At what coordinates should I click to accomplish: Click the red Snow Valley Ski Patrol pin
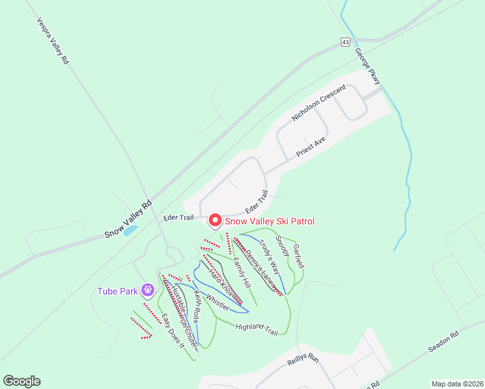click(215, 220)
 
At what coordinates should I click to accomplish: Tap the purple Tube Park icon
click(148, 289)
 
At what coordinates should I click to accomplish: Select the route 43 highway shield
click(344, 42)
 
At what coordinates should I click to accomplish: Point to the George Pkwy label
click(368, 67)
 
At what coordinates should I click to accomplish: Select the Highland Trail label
click(257, 329)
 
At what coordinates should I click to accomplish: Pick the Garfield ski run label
click(298, 256)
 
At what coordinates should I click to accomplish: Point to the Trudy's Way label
click(269, 257)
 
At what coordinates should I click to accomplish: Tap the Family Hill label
click(241, 273)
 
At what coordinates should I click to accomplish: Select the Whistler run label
click(217, 303)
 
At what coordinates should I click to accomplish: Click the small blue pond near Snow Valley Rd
click(130, 230)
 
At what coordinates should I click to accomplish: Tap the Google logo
click(21, 381)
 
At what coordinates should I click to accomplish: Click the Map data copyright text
click(456, 383)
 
